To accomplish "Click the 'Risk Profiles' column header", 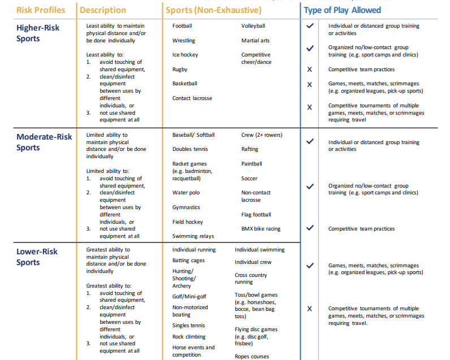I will (x=40, y=10).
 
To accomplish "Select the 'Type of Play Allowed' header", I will (x=342, y=10).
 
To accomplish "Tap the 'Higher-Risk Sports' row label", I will (x=37, y=33).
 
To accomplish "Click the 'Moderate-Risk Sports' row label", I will (x=44, y=142).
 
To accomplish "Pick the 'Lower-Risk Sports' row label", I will (x=37, y=257).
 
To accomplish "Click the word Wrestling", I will (x=184, y=41).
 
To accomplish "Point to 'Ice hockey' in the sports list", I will (x=185, y=55).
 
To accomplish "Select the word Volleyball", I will (x=253, y=26).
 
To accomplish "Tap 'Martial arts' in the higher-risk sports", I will (x=255, y=41).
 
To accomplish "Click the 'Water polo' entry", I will (x=186, y=193).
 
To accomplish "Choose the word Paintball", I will (x=252, y=164).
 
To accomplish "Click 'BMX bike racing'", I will (x=261, y=229).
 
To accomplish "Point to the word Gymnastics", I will (x=186, y=207).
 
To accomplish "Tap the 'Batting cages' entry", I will (x=189, y=261).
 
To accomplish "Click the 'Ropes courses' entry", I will (x=252, y=357).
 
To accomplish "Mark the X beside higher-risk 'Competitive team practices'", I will (x=309, y=70).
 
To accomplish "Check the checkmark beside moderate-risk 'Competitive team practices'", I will (x=310, y=228).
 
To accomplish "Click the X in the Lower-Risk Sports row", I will (x=309, y=309).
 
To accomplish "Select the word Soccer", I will (x=249, y=179).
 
